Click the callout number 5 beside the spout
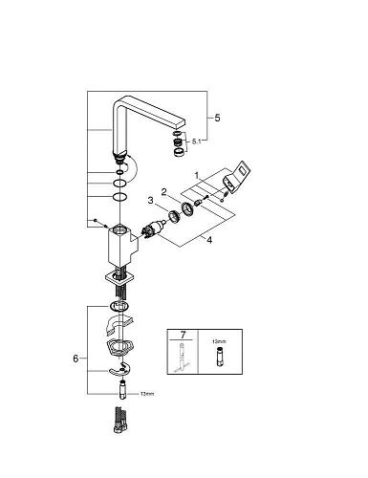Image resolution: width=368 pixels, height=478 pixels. click(x=217, y=117)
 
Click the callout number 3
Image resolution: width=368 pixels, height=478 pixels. click(x=149, y=199)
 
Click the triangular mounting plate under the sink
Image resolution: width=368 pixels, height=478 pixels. click(x=119, y=349)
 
